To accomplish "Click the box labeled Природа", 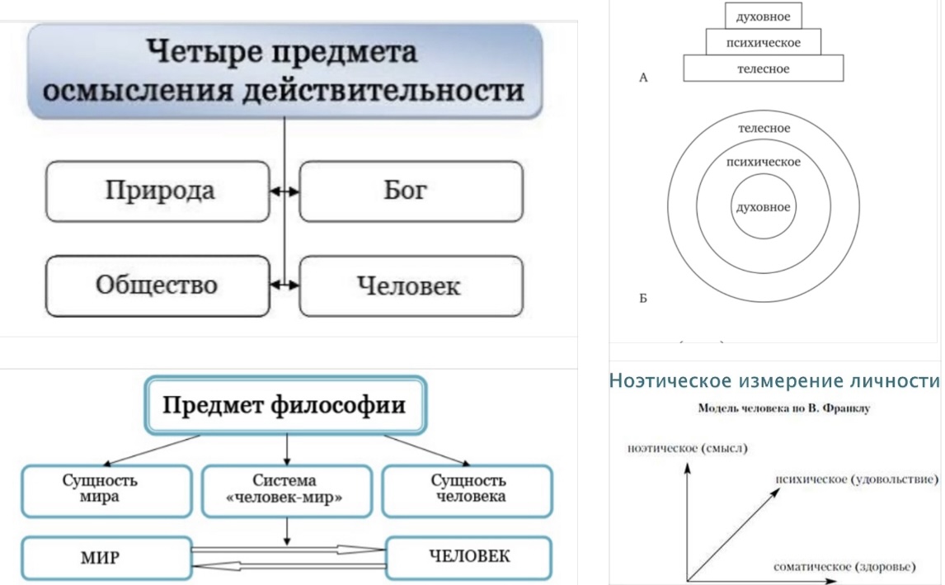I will [158, 191].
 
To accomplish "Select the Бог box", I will [410, 191].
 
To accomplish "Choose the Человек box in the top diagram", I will [410, 285].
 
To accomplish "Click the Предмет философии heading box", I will [285, 405].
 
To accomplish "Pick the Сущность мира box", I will [100, 489].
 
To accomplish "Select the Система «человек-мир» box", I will [285, 489].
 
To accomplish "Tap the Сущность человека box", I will [468, 489].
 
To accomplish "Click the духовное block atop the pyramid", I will [763, 16].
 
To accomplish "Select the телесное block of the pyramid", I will [763, 68].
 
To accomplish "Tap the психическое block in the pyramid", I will [763, 42].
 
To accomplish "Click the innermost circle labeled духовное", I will [764, 207].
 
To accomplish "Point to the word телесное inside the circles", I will [764, 129].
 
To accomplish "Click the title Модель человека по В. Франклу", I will [773, 408].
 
